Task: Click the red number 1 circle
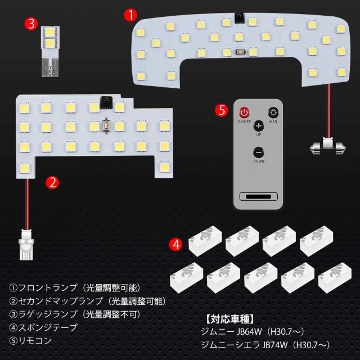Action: point(130,15)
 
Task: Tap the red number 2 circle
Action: point(52,183)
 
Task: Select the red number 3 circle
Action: point(31,24)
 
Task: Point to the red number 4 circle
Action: point(176,245)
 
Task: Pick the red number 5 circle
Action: point(222,110)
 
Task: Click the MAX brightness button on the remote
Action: point(273,112)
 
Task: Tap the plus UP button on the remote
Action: point(259,126)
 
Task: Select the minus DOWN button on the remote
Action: point(259,152)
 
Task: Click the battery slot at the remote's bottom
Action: point(259,196)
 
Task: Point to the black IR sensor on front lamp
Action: point(239,17)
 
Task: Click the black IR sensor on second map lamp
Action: point(106,102)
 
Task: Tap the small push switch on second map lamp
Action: point(106,125)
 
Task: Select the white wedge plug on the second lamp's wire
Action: point(26,245)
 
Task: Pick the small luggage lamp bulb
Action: point(51,51)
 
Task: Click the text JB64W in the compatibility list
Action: point(249,331)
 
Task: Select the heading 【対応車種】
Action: point(229,319)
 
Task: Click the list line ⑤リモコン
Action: point(30,341)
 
